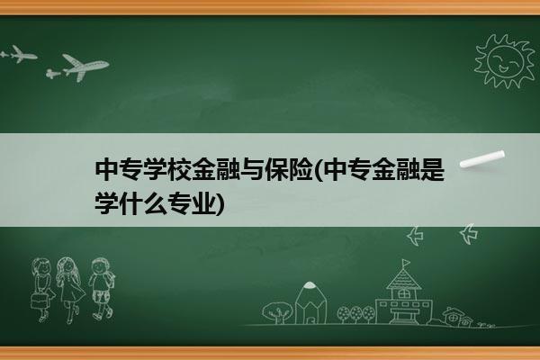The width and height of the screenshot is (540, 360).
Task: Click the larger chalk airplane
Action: pyautogui.click(x=85, y=67)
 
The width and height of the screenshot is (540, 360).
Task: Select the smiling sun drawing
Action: pyautogui.click(x=504, y=62)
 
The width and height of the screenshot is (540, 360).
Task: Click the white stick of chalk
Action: pyautogui.click(x=482, y=159)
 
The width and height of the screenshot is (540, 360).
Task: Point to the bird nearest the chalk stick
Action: pyautogui.click(x=469, y=234)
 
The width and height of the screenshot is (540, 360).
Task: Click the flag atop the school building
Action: pyautogui.click(x=407, y=263)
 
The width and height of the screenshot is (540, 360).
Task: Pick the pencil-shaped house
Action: pyautogui.click(x=310, y=302)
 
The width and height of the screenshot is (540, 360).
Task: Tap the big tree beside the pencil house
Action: pyautogui.click(x=277, y=312)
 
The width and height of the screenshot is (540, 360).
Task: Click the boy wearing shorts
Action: pyautogui.click(x=101, y=288)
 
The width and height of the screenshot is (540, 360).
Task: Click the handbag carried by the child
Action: pyautogui.click(x=39, y=301)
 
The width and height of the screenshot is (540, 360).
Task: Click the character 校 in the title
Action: pyautogui.click(x=179, y=169)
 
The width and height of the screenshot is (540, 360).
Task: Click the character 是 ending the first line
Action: pyautogui.click(x=432, y=169)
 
